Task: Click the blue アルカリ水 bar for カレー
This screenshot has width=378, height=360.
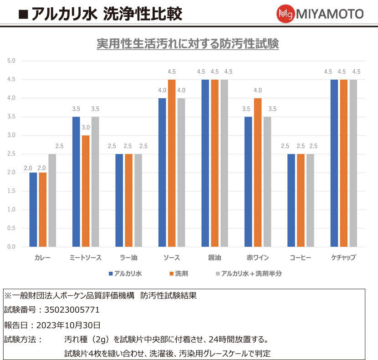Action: click(x=33, y=209)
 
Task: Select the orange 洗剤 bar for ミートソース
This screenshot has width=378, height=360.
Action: click(x=86, y=191)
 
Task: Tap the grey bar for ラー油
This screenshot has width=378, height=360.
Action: click(x=138, y=200)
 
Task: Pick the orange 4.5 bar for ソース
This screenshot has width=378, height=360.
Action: click(x=172, y=163)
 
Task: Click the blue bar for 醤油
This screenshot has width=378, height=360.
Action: click(x=205, y=163)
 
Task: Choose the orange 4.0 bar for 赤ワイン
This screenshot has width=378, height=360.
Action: click(x=258, y=172)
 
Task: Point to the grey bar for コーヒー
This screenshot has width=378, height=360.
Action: click(x=310, y=200)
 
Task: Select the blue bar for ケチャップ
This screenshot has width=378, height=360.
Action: click(x=334, y=163)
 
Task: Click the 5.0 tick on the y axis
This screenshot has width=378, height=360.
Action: click(x=11, y=61)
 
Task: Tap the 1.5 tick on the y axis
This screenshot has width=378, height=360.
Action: click(x=11, y=191)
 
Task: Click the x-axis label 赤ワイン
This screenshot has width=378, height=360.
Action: click(x=257, y=258)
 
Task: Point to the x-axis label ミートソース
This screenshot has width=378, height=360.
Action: click(x=86, y=258)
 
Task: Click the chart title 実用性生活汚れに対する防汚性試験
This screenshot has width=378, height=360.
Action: click(x=188, y=44)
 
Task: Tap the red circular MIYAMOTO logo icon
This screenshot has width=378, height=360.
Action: click(x=286, y=14)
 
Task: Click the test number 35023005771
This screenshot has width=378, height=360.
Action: click(x=72, y=310)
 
